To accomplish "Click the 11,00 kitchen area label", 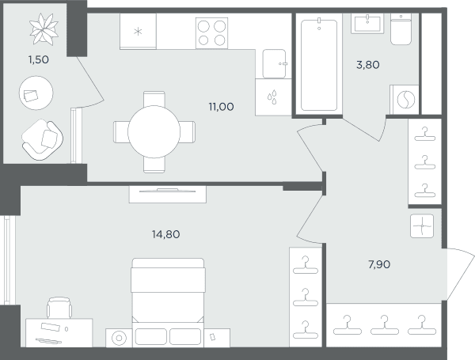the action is [x=221, y=107].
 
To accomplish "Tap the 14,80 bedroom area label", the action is [x=165, y=234].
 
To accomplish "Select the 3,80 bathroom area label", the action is [x=368, y=65].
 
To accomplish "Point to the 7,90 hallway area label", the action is [x=379, y=264].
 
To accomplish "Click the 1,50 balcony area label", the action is [x=39, y=59].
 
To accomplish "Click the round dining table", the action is [x=154, y=132].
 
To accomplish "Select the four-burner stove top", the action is [x=211, y=33].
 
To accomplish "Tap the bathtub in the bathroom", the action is [x=319, y=64].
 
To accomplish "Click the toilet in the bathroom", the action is [x=401, y=29].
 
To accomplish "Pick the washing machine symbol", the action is [x=405, y=100].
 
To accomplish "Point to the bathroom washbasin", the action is [x=367, y=23].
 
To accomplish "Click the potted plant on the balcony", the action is [x=44, y=29].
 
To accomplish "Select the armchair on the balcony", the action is [x=43, y=139].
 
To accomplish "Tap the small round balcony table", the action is [x=36, y=93].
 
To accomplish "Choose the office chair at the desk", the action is [x=59, y=308].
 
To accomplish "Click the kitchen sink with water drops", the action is [x=273, y=97].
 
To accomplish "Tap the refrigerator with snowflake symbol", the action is [x=138, y=31].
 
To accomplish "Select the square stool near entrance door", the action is [x=422, y=225].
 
